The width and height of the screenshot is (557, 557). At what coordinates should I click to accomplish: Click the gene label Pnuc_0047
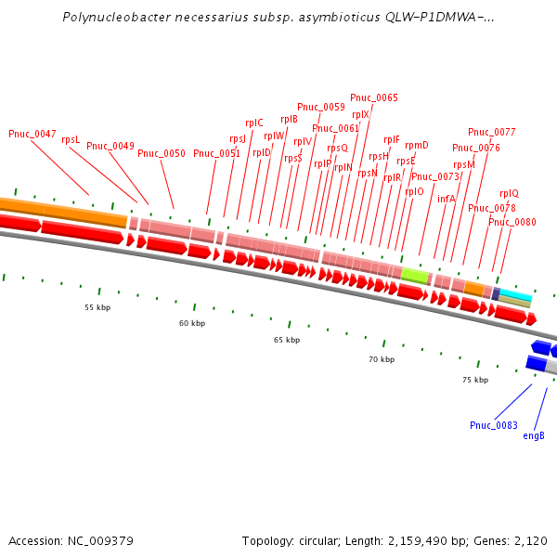tap(32, 134)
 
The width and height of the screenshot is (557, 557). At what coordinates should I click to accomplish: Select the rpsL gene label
tap(71, 139)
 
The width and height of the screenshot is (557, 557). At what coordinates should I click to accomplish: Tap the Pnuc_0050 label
tap(162, 153)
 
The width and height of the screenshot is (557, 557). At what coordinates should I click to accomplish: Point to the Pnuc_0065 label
tap(374, 97)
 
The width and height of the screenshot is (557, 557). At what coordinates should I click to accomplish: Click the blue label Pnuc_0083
tap(494, 425)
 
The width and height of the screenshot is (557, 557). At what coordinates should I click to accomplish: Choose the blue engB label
tap(534, 435)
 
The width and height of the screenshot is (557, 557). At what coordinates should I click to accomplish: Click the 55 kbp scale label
tap(97, 307)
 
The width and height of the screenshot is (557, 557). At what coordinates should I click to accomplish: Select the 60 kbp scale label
tap(192, 323)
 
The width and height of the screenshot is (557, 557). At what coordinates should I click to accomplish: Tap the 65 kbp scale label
tap(287, 340)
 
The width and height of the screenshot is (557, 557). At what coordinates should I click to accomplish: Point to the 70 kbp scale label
tap(382, 359)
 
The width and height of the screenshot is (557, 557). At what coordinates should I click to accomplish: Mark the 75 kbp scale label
tap(475, 380)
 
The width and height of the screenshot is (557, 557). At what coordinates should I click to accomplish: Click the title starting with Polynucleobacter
tap(278, 18)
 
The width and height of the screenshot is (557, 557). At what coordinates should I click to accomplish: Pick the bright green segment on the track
tap(414, 275)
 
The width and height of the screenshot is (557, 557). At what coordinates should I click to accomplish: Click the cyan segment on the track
tap(516, 296)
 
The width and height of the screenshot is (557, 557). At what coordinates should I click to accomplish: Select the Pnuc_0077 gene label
tap(492, 132)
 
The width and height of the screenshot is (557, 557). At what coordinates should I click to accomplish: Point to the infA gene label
tap(447, 199)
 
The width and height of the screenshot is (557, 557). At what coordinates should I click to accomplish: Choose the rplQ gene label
tap(510, 193)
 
